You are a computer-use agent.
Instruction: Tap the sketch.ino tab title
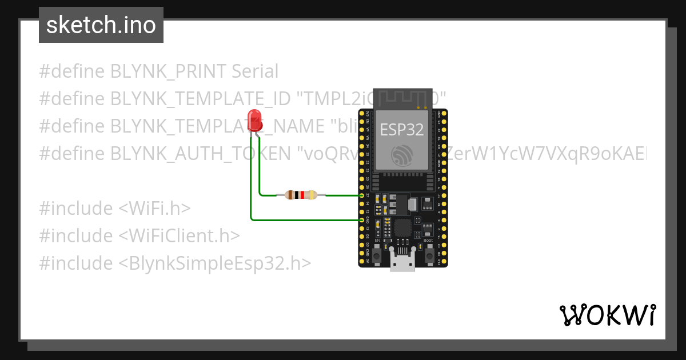pos(101,25)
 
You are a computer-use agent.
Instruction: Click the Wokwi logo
pos(607,315)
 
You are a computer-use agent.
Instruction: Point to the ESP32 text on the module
pos(402,130)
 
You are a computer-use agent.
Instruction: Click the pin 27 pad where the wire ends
pos(362,195)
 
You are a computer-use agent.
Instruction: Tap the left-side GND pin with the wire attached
pos(362,220)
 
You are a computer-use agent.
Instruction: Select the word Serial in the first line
pos(255,71)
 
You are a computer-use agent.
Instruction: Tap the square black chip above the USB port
pos(402,227)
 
